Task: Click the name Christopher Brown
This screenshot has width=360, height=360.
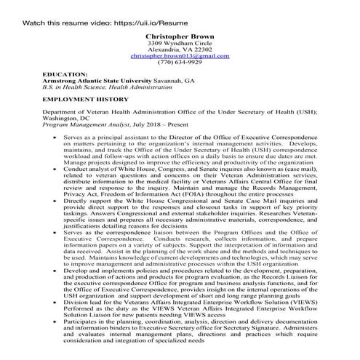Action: (180, 35)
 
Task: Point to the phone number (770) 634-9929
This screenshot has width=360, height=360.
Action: (180, 63)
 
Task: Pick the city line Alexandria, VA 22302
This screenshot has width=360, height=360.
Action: (180, 49)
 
